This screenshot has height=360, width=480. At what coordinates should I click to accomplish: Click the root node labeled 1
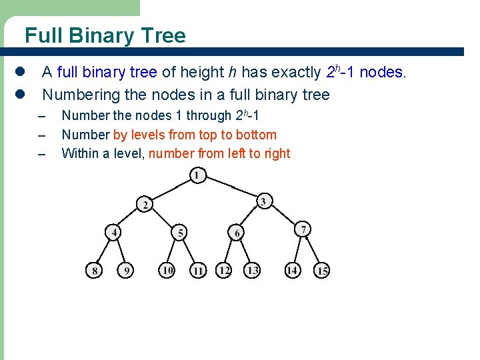[x=197, y=175]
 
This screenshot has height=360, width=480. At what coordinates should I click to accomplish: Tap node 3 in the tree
[x=263, y=201]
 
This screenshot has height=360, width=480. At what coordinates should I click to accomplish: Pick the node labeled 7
[x=303, y=229]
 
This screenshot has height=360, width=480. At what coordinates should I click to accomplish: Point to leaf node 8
[x=95, y=271]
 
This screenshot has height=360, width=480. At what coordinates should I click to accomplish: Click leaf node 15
[x=322, y=271]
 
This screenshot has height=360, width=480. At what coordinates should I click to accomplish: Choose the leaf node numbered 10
[x=167, y=270]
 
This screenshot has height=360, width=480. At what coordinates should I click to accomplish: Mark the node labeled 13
[x=252, y=270]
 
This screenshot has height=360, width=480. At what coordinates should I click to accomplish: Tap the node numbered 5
[x=179, y=233]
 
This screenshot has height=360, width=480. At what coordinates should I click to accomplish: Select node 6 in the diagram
[x=237, y=233]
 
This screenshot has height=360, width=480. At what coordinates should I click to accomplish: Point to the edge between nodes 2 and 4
[x=130, y=218]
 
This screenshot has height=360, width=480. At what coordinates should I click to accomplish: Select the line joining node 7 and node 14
[x=297, y=250]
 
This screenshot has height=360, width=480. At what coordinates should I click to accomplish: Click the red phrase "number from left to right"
[x=219, y=153]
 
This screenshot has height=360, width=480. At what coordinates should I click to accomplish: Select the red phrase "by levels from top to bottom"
[x=195, y=135]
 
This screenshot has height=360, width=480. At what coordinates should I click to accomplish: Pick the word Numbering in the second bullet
[x=79, y=95]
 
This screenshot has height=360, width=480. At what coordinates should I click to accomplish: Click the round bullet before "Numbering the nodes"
[x=20, y=95]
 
